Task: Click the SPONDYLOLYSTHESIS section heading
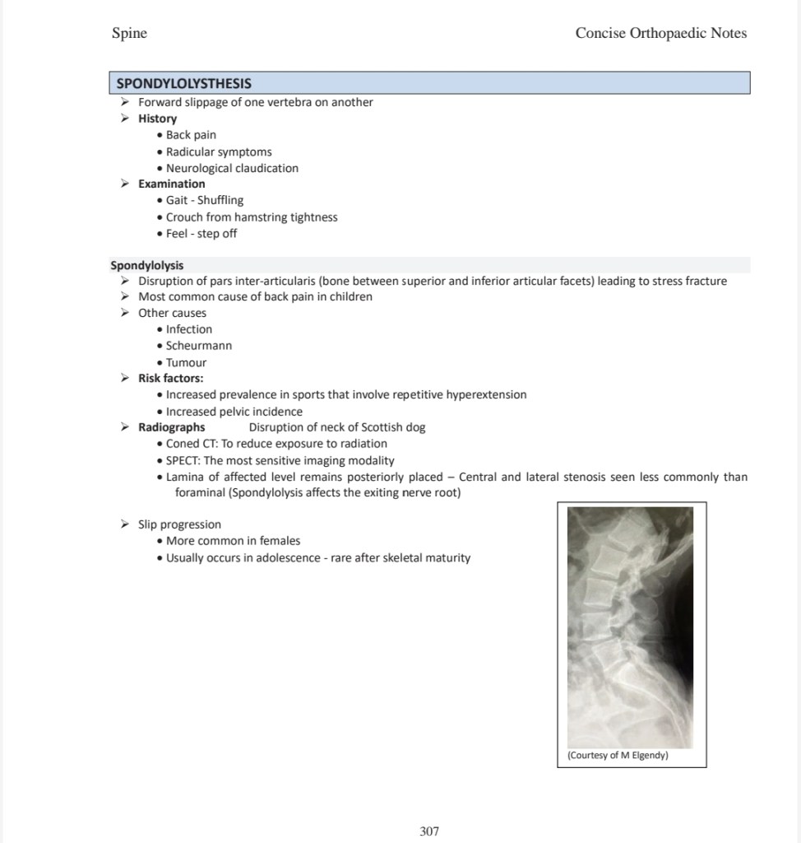(184, 83)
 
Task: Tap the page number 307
(429, 831)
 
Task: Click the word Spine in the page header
(129, 33)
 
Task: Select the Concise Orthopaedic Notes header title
(661, 33)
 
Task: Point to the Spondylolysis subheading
(147, 265)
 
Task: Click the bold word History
(157, 119)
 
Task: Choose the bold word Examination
(171, 184)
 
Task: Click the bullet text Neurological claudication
(232, 168)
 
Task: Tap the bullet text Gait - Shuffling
(205, 200)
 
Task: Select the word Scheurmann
(199, 346)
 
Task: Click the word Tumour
(186, 362)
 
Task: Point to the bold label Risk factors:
(170, 379)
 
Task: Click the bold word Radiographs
(171, 427)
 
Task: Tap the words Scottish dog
(393, 427)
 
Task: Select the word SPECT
(182, 461)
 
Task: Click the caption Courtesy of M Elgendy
(618, 755)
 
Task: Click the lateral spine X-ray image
(631, 626)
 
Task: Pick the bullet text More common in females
(233, 541)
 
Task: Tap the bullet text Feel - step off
(201, 233)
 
